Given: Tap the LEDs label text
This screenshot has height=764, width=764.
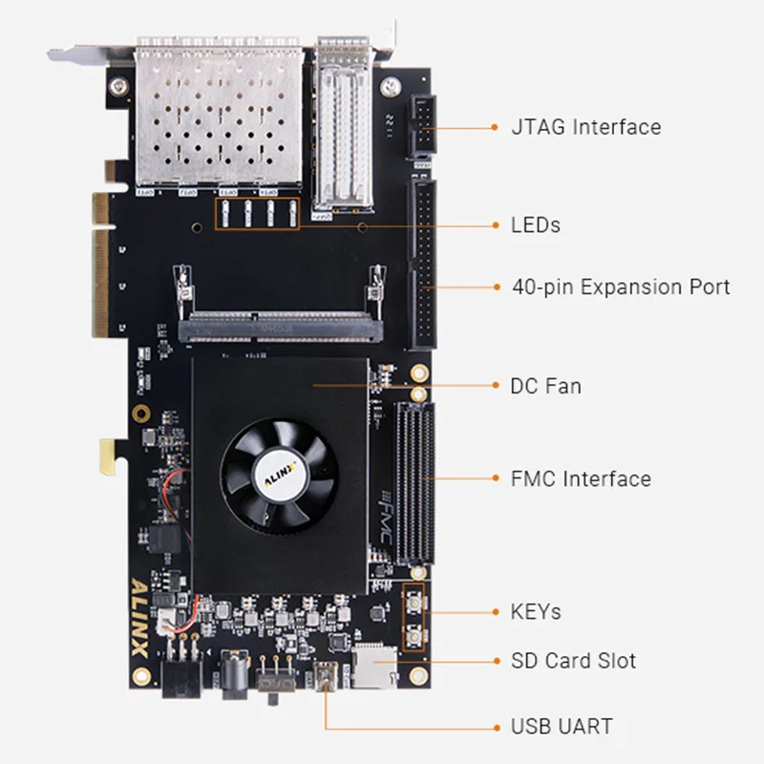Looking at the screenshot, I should (x=536, y=226).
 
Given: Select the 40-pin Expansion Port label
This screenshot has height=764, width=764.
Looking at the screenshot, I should (x=621, y=286).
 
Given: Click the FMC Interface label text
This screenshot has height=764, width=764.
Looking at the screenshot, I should (x=581, y=478).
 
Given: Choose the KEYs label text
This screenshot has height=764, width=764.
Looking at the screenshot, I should (x=536, y=611).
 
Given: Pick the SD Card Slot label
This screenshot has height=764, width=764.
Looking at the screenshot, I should (x=574, y=661).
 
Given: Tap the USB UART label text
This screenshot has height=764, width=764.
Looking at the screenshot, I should (x=562, y=727).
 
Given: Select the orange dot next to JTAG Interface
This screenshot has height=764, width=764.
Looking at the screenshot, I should (x=495, y=127).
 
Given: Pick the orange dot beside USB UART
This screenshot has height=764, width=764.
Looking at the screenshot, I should (x=495, y=727).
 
